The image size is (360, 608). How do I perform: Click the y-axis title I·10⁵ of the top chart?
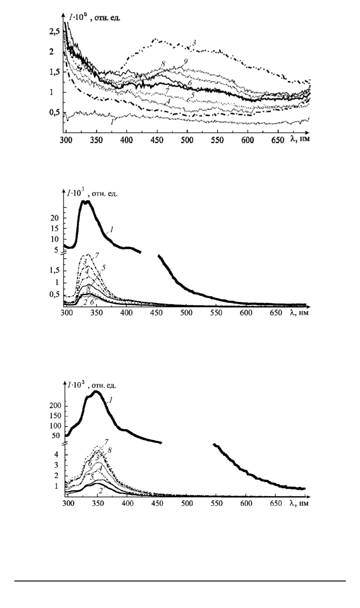tap(76, 18)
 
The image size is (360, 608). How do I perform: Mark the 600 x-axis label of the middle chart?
tap(246, 313)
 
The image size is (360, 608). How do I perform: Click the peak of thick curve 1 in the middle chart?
tap(86, 202)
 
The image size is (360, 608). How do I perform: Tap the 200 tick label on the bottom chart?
tap(56, 406)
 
